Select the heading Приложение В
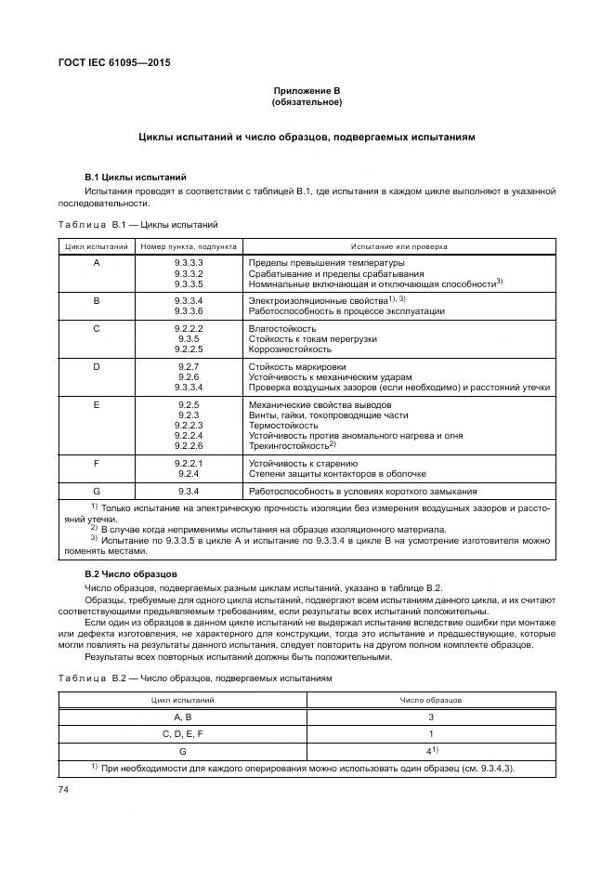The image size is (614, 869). click(307, 90)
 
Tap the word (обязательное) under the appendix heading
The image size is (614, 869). click(307, 101)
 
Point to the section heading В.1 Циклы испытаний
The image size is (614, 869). click(136, 177)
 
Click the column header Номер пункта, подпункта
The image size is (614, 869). click(189, 247)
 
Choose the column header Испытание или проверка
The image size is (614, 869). click(398, 247)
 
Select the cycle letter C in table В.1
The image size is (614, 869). click(97, 328)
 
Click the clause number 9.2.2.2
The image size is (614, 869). click(189, 328)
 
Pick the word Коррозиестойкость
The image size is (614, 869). click(289, 349)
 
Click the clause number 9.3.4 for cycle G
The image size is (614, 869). click(189, 490)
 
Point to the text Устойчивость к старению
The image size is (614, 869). click(303, 462)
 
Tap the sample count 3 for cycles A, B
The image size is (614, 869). click(431, 717)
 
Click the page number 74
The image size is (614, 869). click(64, 789)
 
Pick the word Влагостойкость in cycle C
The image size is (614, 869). click(282, 328)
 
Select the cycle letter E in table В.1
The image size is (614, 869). click(97, 405)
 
